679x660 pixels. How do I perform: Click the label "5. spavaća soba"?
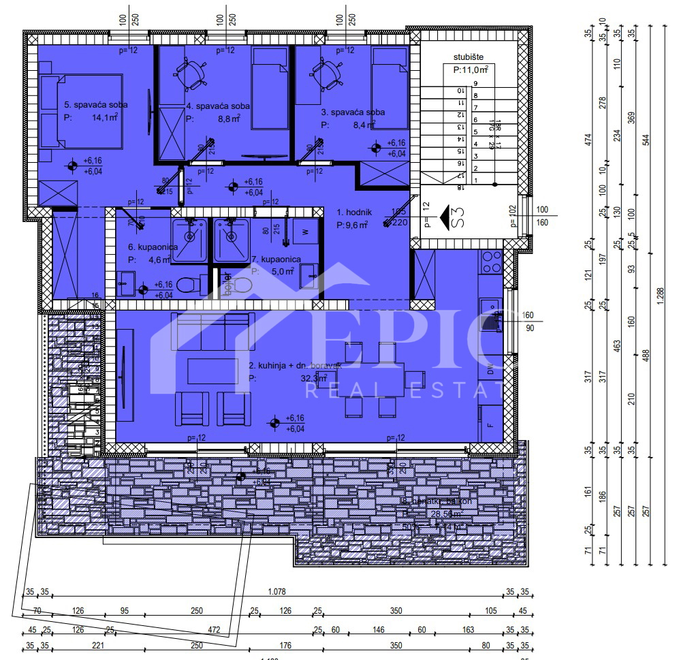tap(96, 105)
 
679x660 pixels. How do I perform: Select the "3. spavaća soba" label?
tap(352, 112)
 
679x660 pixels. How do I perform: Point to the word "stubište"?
tap(468, 57)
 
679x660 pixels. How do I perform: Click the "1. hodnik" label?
tap(354, 213)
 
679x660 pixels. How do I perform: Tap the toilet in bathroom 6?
tap(191, 284)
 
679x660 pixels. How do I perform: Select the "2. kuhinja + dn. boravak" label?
tap(294, 366)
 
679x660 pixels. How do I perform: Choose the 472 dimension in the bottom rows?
tap(214, 629)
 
